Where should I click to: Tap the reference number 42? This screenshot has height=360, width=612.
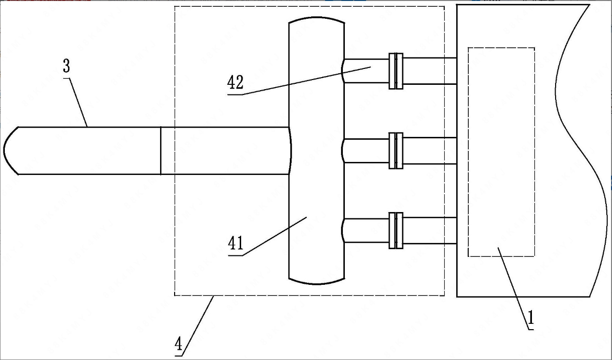click(235, 83)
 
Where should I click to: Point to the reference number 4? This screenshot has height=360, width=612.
click(178, 345)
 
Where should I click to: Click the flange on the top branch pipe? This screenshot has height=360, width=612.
click(396, 71)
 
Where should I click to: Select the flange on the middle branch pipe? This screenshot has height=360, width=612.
click(396, 151)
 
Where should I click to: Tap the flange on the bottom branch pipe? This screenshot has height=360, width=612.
click(396, 231)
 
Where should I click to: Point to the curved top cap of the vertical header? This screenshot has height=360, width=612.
click(316, 19)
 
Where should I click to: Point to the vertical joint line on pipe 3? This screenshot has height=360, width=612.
click(161, 150)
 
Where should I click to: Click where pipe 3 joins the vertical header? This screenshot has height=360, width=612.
click(290, 150)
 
